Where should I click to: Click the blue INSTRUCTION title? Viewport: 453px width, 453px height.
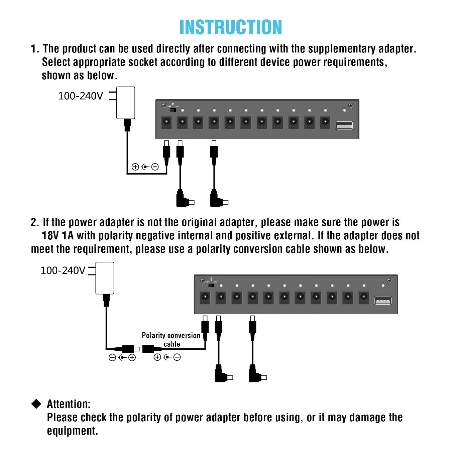pyautogui.click(x=231, y=27)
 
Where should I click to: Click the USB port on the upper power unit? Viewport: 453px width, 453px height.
pyautogui.click(x=344, y=126)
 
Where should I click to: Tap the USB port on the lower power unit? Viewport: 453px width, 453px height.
pyautogui.click(x=383, y=301)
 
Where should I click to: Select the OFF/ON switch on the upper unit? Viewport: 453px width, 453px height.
pyautogui.click(x=173, y=110)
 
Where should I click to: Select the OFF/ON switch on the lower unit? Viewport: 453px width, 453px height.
pyautogui.click(x=211, y=285)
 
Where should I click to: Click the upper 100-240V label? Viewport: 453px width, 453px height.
pyautogui.click(x=81, y=96)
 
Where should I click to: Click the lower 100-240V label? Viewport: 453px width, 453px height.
pyautogui.click(x=63, y=270)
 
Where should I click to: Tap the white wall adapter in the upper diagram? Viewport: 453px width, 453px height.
pyautogui.click(x=126, y=103)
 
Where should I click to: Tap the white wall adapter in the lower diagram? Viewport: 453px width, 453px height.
pyautogui.click(x=105, y=278)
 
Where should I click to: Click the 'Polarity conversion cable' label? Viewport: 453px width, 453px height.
pyautogui.click(x=171, y=340)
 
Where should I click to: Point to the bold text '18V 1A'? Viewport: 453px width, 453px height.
pyautogui.click(x=58, y=236)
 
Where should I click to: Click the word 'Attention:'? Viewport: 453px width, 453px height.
pyautogui.click(x=69, y=404)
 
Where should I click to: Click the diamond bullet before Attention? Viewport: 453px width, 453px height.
pyautogui.click(x=36, y=404)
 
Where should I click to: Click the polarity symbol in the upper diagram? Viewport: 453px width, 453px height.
pyautogui.click(x=145, y=167)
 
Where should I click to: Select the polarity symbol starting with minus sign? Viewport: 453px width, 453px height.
pyautogui.click(x=122, y=358)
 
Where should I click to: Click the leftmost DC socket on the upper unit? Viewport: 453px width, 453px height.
pyautogui.click(x=166, y=122)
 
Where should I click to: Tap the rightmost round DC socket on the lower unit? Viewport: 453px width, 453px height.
pyautogui.click(x=364, y=297)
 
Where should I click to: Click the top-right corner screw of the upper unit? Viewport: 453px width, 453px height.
pyautogui.click(x=350, y=105)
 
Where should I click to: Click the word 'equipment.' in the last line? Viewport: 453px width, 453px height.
pyautogui.click(x=72, y=431)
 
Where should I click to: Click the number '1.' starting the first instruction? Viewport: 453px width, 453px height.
pyautogui.click(x=35, y=49)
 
